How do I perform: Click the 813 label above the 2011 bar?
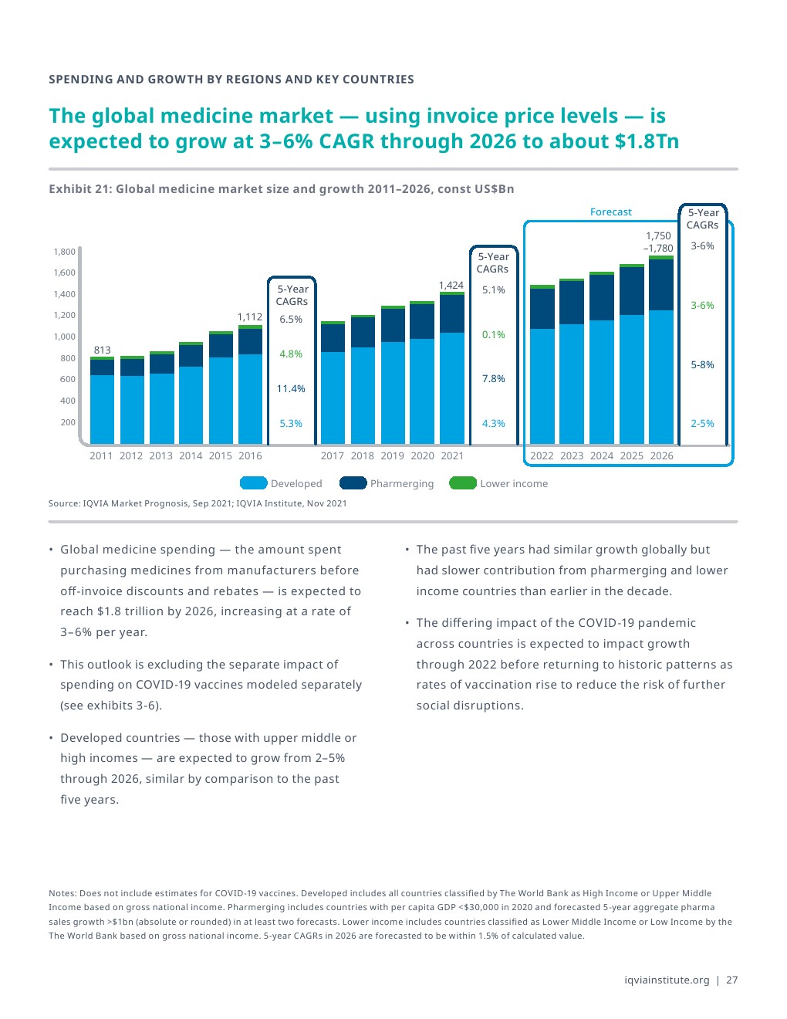(102, 350)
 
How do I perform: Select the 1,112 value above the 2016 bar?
(249, 317)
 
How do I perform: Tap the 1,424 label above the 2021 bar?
(451, 285)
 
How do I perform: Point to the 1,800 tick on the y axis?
(65, 252)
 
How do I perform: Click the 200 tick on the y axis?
(68, 422)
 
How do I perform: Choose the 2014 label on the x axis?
(191, 455)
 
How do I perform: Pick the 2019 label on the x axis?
(392, 455)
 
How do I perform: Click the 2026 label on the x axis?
(661, 455)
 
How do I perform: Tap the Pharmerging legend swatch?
(353, 483)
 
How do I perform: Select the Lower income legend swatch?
(463, 483)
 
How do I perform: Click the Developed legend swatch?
(253, 483)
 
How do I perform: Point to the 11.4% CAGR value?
(291, 388)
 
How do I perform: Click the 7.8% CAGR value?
(493, 378)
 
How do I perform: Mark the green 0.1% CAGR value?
(493, 334)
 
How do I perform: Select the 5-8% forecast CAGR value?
(702, 364)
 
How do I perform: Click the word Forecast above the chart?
(610, 212)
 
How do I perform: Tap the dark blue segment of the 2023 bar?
(572, 303)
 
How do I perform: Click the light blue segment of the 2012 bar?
(131, 409)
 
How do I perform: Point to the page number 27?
(731, 980)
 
